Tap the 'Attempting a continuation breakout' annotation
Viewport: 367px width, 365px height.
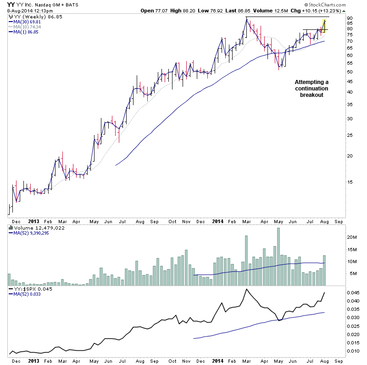click(311, 88)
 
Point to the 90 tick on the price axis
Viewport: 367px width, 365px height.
click(349, 18)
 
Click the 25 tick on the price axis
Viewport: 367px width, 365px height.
click(349, 135)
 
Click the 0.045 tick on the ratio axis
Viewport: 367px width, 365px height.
click(352, 292)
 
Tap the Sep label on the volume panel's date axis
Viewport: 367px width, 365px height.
click(338, 221)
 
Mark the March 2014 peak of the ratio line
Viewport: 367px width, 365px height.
click(246, 289)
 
